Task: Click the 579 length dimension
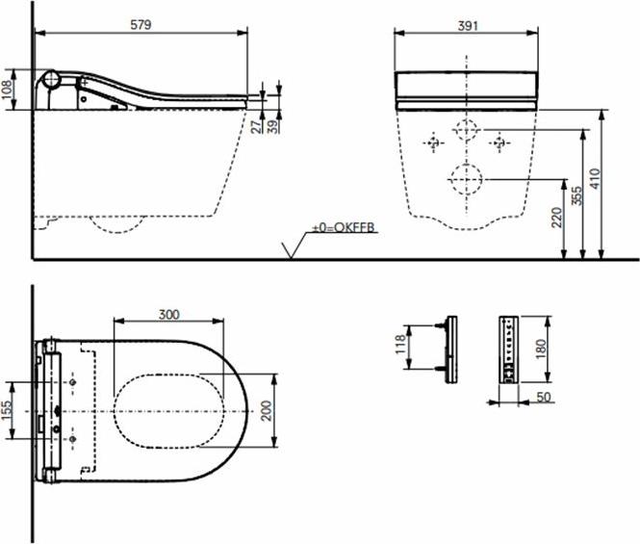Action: (141, 24)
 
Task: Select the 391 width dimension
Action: (468, 26)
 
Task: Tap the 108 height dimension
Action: (7, 90)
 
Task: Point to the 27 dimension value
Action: (256, 126)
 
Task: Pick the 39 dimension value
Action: (274, 126)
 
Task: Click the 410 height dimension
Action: (595, 178)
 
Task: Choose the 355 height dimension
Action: (576, 196)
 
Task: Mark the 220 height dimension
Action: (556, 218)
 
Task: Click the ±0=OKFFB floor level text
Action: (343, 227)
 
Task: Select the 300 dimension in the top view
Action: (169, 315)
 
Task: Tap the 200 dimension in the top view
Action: (267, 410)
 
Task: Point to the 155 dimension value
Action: (7, 410)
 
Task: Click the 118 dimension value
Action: (400, 345)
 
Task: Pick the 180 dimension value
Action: (541, 350)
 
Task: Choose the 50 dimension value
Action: (544, 397)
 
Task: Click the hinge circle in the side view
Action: (52, 78)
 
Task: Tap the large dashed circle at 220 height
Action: (466, 179)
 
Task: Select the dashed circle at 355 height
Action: (466, 130)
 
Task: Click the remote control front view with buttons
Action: (508, 350)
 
